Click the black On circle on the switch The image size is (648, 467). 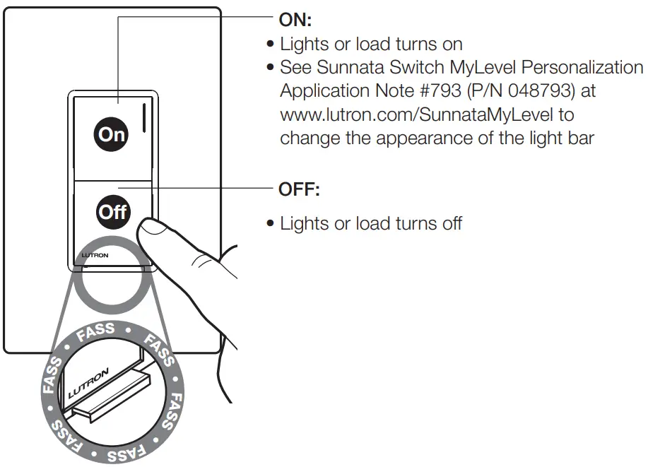coord(111,134)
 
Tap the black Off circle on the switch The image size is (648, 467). coord(112,212)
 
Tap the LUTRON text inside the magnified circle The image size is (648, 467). coord(89,380)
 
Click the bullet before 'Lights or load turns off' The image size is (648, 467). coord(271,225)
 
